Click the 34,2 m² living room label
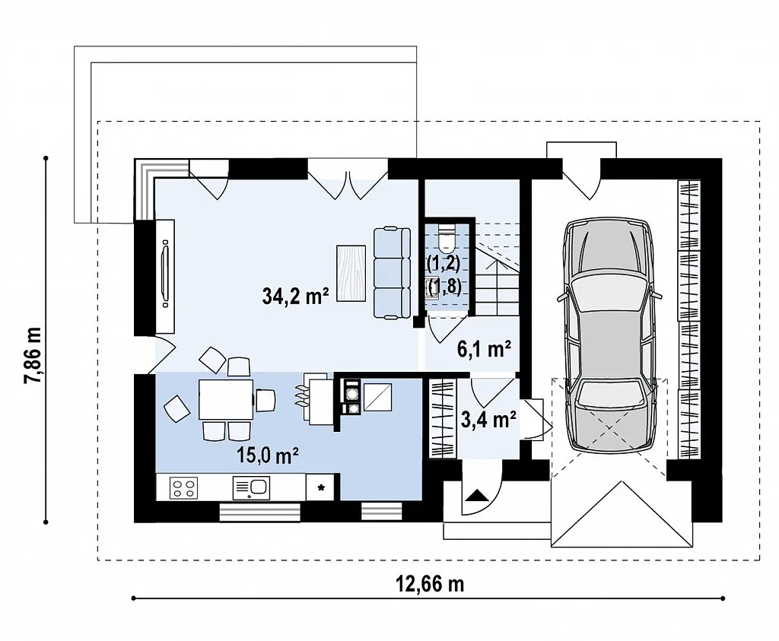click(x=295, y=297)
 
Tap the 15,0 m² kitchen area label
click(x=267, y=455)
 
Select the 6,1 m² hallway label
click(x=484, y=350)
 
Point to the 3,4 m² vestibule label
click(x=488, y=420)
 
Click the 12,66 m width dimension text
click(x=429, y=584)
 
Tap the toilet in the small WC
click(x=447, y=237)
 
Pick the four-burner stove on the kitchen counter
click(x=183, y=487)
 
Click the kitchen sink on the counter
click(x=251, y=487)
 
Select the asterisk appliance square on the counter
click(x=321, y=487)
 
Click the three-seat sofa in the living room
click(x=392, y=272)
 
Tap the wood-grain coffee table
click(x=351, y=273)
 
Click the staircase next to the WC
click(x=498, y=268)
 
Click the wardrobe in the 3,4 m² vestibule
click(x=442, y=418)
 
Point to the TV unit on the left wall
click(x=165, y=276)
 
